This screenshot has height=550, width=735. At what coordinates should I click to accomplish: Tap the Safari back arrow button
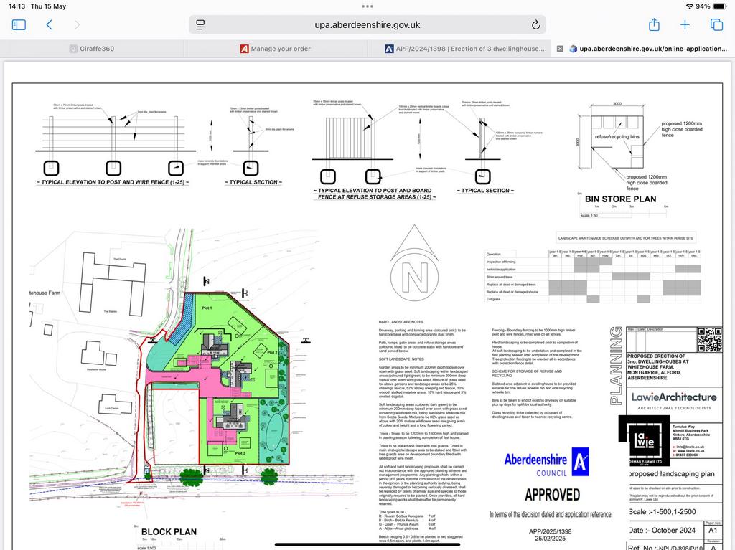[x=49, y=24]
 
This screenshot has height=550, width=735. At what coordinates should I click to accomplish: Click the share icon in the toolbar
[x=654, y=24]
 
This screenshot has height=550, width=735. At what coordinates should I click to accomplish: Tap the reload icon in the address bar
[x=535, y=24]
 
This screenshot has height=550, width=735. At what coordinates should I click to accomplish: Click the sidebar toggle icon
[x=19, y=24]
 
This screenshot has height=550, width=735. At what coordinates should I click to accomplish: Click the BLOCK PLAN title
[x=169, y=531]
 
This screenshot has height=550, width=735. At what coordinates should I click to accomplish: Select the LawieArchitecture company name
[x=673, y=397]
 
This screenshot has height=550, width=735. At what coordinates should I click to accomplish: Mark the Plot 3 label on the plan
[x=240, y=453]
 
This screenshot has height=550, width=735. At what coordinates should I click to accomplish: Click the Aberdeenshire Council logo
[x=546, y=463]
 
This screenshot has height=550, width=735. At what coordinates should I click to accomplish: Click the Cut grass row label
[x=495, y=299]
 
